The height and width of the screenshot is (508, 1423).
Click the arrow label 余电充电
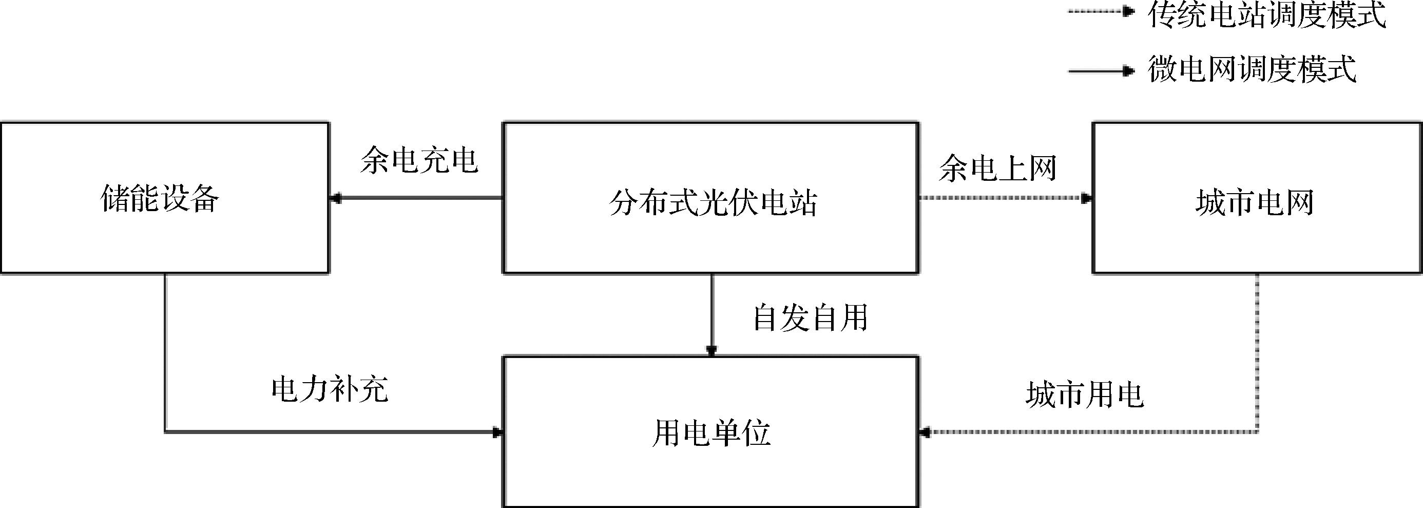pos(419,161)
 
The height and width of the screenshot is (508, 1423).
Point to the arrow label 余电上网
pos(997,168)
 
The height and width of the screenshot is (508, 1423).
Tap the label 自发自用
pos(811,318)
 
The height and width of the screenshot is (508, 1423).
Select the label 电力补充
pos(330,389)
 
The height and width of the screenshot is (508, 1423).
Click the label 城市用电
pos(1085,394)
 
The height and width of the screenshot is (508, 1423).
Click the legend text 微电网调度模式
pos(1252,70)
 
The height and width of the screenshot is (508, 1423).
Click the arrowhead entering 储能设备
pos(335,198)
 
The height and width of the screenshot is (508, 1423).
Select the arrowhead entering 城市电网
pos(1087,198)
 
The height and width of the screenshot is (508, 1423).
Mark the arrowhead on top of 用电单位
pos(711,350)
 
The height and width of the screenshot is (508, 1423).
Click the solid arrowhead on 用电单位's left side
pos(496,431)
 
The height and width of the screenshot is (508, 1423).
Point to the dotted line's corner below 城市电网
pos(1258,431)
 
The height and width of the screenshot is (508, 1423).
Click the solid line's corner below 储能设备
pos(165,431)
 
